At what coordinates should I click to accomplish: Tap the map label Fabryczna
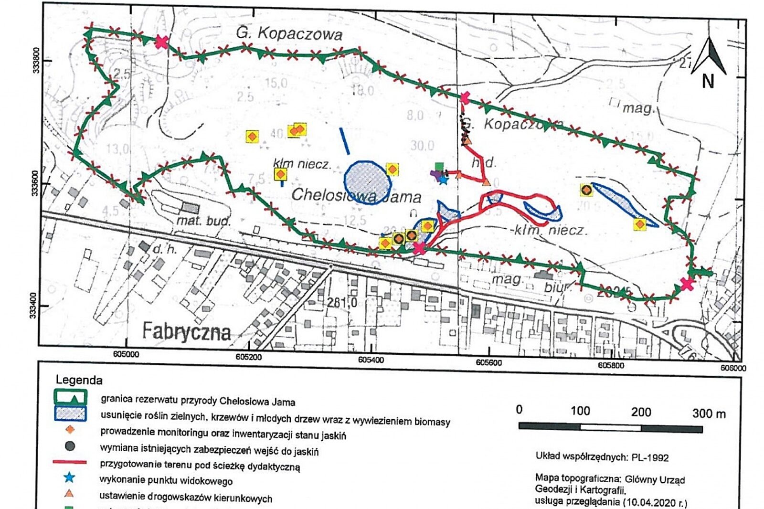(x=186, y=331)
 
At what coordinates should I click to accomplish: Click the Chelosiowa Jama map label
(x=356, y=195)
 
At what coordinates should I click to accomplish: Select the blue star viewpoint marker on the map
(x=443, y=180)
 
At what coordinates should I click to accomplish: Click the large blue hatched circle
(x=366, y=182)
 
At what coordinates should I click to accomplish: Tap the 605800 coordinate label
(x=611, y=365)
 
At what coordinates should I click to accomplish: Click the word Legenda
(x=79, y=380)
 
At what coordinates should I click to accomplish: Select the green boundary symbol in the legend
(x=70, y=397)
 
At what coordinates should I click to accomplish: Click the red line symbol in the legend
(x=70, y=462)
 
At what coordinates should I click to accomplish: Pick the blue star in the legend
(x=70, y=477)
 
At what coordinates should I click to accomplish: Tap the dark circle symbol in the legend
(x=70, y=446)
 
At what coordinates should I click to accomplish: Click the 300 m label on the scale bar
(x=709, y=414)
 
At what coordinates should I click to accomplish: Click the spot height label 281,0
(x=342, y=302)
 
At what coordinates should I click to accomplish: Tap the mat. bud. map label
(x=203, y=221)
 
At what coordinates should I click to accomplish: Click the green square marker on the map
(x=439, y=167)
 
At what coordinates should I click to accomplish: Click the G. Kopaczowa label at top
(x=289, y=33)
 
